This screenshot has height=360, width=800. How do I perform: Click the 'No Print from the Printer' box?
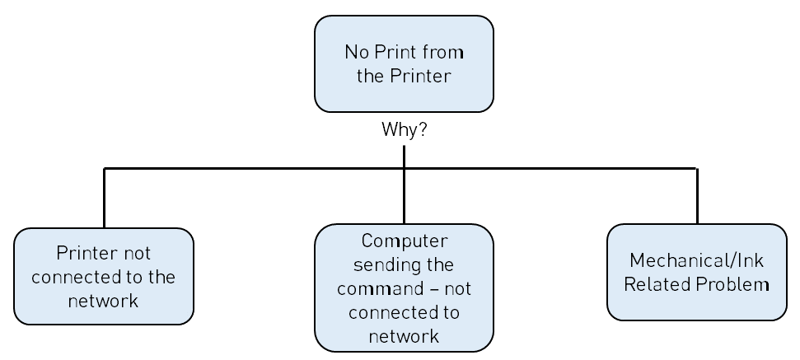[x=404, y=63]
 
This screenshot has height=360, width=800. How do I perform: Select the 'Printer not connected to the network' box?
[x=104, y=276]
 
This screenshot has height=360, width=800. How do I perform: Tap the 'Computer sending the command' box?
[x=404, y=288]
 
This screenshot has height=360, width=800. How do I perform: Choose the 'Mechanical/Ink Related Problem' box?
[x=696, y=272]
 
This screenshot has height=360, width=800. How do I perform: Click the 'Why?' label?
[x=404, y=129]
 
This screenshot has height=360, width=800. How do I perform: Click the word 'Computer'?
[x=405, y=241]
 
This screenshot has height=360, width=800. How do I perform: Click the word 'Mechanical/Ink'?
[x=696, y=261]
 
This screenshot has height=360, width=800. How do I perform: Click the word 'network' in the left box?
[x=104, y=301]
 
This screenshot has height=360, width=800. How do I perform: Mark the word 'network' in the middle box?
[x=404, y=336]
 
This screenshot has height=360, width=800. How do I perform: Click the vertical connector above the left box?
[x=104, y=198]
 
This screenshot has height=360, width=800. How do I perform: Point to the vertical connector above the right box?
[x=697, y=196]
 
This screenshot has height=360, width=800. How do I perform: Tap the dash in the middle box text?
[x=435, y=290]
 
